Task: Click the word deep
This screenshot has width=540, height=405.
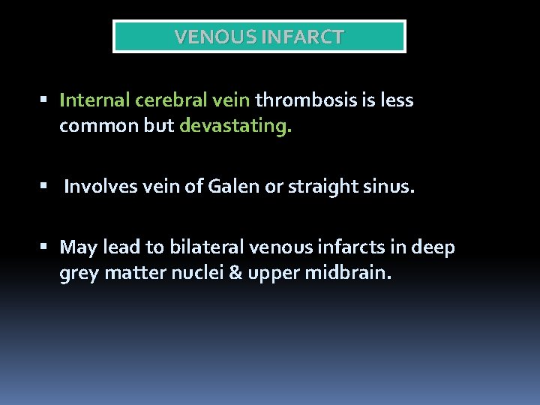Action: click(x=436, y=247)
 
